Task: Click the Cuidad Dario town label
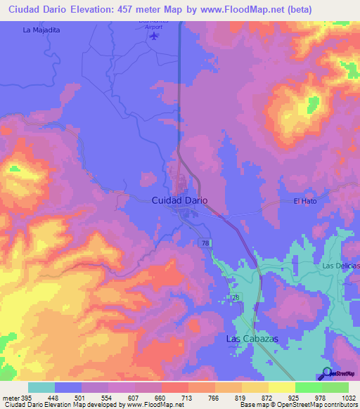click(179, 200)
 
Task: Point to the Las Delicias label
click(340, 266)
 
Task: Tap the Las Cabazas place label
click(252, 339)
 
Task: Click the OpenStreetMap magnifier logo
click(326, 375)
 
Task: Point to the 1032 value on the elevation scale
click(341, 398)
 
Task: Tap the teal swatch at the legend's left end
click(41, 387)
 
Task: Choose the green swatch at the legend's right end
click(335, 387)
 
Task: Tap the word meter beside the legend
click(10, 398)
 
